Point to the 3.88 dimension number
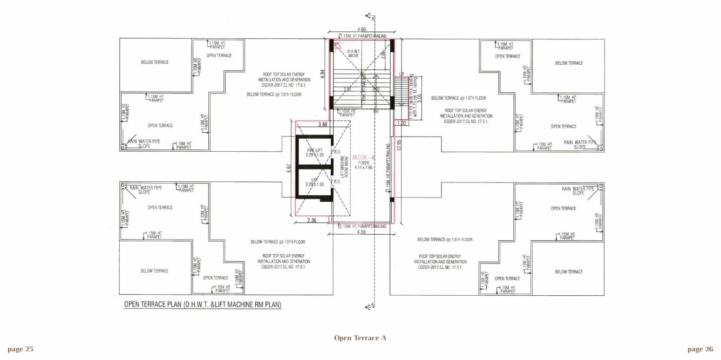click(323, 125)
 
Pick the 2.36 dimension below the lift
click(312, 220)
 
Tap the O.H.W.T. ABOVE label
click(353, 53)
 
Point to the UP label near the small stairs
click(402, 74)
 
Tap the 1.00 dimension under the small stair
click(400, 123)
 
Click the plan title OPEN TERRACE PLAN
click(202, 305)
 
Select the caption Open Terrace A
click(360, 338)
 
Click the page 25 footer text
click(21, 349)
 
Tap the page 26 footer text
click(700, 349)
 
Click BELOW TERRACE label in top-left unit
click(154, 62)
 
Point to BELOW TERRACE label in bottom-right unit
click(569, 271)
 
